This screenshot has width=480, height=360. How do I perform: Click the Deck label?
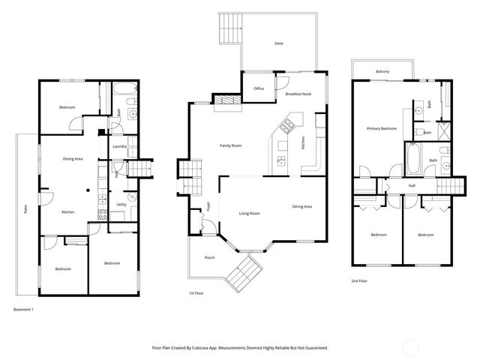278,43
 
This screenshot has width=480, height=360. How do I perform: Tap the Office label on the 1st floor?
259,88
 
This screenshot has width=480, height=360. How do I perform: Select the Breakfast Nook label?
298,94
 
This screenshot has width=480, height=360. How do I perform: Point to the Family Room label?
230,145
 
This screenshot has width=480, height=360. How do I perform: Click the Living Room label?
249,214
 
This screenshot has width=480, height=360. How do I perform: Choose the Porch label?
209,257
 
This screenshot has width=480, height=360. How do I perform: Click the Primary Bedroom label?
381,129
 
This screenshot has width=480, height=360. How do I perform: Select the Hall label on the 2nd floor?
412,185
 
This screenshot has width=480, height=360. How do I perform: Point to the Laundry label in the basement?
118,147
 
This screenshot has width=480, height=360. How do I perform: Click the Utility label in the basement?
121,204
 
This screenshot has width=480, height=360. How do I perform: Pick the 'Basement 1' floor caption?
24,309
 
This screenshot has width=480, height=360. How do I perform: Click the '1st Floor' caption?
196,293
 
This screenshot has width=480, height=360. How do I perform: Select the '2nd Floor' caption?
359,280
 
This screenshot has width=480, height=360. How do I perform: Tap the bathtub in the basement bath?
124,95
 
